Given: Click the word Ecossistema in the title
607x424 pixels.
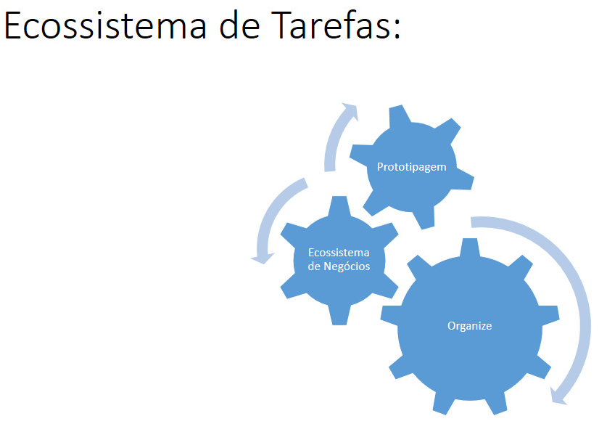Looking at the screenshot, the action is pos(104,25).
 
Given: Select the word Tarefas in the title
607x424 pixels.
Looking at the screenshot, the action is pos(330,25).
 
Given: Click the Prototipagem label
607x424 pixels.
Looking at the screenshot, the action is pos(411,167).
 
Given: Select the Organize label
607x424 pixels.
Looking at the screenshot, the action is pos(470,326).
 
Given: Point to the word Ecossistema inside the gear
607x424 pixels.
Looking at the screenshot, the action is pos(339,253).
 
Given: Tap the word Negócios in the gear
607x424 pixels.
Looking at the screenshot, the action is pos(347,266).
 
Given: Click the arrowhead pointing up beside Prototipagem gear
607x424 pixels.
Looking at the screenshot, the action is pos(350,111).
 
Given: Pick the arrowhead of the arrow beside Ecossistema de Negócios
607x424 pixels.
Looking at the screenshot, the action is pos(263,258).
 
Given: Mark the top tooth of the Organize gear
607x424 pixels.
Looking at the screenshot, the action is pos(470,248).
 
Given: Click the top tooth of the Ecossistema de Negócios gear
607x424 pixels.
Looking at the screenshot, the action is pos(339,205).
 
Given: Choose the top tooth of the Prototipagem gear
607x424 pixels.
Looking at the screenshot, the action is pos(400,115).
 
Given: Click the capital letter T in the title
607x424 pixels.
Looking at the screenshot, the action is pos(281,25).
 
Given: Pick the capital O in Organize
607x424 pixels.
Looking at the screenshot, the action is pos(452,325).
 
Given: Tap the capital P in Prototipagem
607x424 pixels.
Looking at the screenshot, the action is pos(380,167).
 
